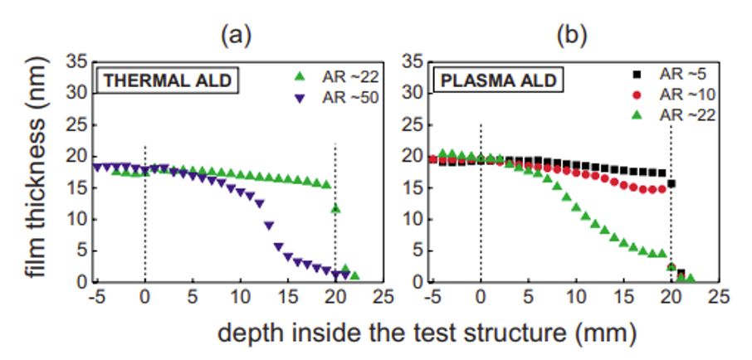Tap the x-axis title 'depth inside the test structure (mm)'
[x=427, y=333]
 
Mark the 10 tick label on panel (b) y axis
[x=415, y=219]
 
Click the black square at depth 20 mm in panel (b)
[x=671, y=183]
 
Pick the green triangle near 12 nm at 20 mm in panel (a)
[x=335, y=209]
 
